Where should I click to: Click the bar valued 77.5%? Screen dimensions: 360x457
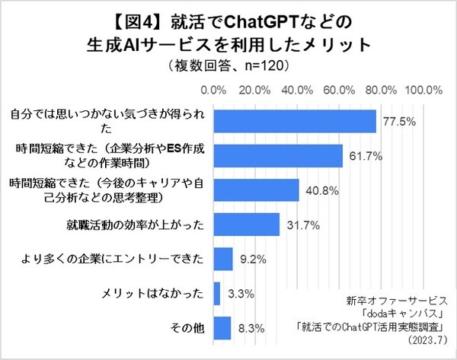(x=295, y=121)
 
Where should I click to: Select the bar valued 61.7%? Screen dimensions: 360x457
(x=278, y=155)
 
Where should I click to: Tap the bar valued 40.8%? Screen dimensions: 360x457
(x=256, y=190)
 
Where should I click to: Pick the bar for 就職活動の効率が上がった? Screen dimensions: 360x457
(x=247, y=225)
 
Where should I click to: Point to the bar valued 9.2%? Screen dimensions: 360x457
(x=223, y=259)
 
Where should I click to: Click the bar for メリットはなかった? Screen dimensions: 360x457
(x=217, y=293)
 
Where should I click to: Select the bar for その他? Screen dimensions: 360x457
(x=222, y=328)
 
